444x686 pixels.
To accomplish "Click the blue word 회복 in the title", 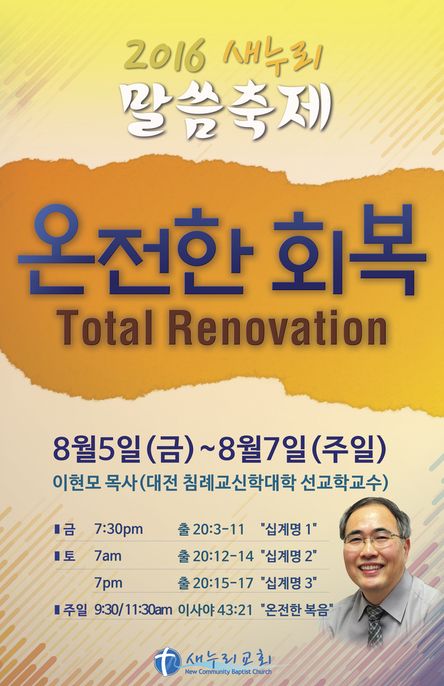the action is click(348, 251).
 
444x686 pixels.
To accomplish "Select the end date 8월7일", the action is click(262, 449).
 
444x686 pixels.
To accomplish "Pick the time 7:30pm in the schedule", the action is click(118, 529).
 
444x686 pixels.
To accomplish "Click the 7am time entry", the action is click(108, 556).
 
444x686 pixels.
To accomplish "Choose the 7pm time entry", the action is click(108, 583).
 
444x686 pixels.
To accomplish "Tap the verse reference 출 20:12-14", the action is click(216, 556).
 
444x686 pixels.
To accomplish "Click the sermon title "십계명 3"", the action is click(289, 582).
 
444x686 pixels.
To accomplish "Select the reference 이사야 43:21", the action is click(215, 609).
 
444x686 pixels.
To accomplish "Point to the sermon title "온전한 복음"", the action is click(297, 609).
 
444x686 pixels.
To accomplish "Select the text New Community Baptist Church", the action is click(228, 672).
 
